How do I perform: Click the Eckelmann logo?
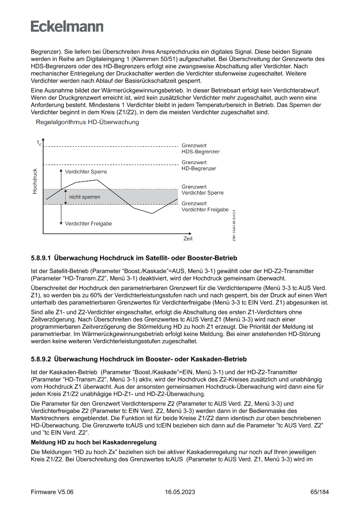[x=67, y=27]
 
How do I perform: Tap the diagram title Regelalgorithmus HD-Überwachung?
[x=87, y=122]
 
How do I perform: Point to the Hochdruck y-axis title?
[x=35, y=181]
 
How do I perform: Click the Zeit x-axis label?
[x=188, y=239]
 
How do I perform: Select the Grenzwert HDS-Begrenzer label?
[x=200, y=148]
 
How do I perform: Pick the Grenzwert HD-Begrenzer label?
[x=199, y=165]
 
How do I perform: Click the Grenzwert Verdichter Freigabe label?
[x=205, y=206]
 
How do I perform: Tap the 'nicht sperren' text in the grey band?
[x=84, y=197]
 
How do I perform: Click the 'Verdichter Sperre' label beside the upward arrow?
[x=86, y=172]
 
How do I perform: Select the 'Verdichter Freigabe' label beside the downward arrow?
[x=88, y=224]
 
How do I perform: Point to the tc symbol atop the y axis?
[x=39, y=142]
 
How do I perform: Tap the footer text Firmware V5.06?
[x=52, y=492]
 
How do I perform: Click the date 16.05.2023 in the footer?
[x=180, y=492]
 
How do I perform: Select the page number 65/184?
[x=320, y=492]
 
